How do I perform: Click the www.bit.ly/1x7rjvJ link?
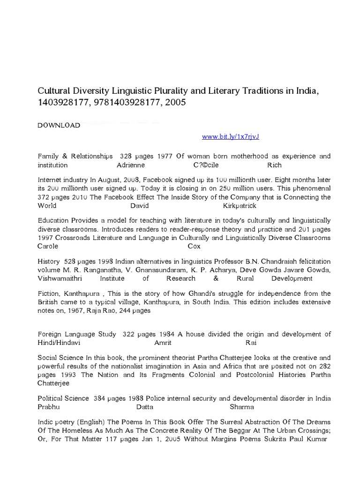coord(230,136)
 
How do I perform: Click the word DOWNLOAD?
coord(59,126)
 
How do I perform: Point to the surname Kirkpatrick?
coord(240,206)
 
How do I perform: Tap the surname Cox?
coord(194,246)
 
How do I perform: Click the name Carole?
coord(48,246)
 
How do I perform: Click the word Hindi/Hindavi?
coord(59,343)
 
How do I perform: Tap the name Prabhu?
coord(49,407)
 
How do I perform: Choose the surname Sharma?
coord(242,407)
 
